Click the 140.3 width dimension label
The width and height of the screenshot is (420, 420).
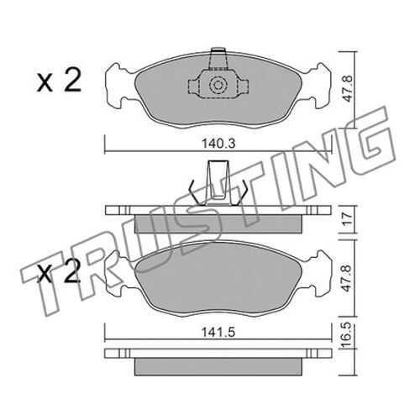(x=218, y=144)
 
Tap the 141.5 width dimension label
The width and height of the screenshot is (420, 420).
(x=218, y=333)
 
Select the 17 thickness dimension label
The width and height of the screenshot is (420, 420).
(x=347, y=219)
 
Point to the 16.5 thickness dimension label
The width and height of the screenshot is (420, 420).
(x=347, y=335)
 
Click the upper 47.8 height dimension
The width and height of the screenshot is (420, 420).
(x=347, y=90)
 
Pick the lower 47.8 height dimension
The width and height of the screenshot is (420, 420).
(x=347, y=279)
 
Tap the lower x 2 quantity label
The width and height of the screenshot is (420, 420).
(x=59, y=270)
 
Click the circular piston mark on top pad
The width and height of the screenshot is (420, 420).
(x=218, y=85)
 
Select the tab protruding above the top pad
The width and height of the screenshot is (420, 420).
(x=218, y=58)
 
